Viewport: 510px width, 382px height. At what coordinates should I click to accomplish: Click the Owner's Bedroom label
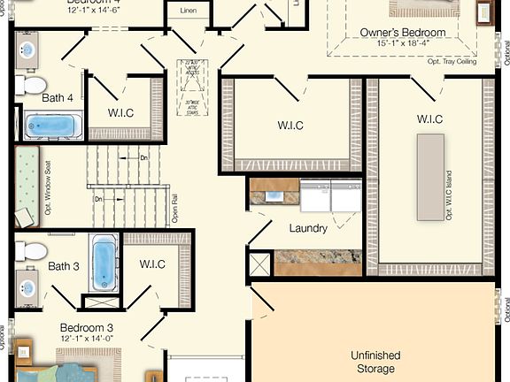point(402,33)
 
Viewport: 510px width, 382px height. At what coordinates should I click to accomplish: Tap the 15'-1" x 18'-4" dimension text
point(402,43)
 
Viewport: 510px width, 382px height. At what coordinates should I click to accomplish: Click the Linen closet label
point(188,11)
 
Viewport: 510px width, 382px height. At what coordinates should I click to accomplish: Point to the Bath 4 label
point(58,97)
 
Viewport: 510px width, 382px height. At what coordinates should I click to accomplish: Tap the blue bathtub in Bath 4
point(53,126)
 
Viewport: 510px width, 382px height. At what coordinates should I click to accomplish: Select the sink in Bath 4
point(27,49)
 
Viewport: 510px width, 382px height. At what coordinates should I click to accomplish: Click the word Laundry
point(308,228)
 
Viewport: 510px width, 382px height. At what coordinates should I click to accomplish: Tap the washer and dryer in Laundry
point(331,195)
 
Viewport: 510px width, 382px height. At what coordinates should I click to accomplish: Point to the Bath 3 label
point(64,266)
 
